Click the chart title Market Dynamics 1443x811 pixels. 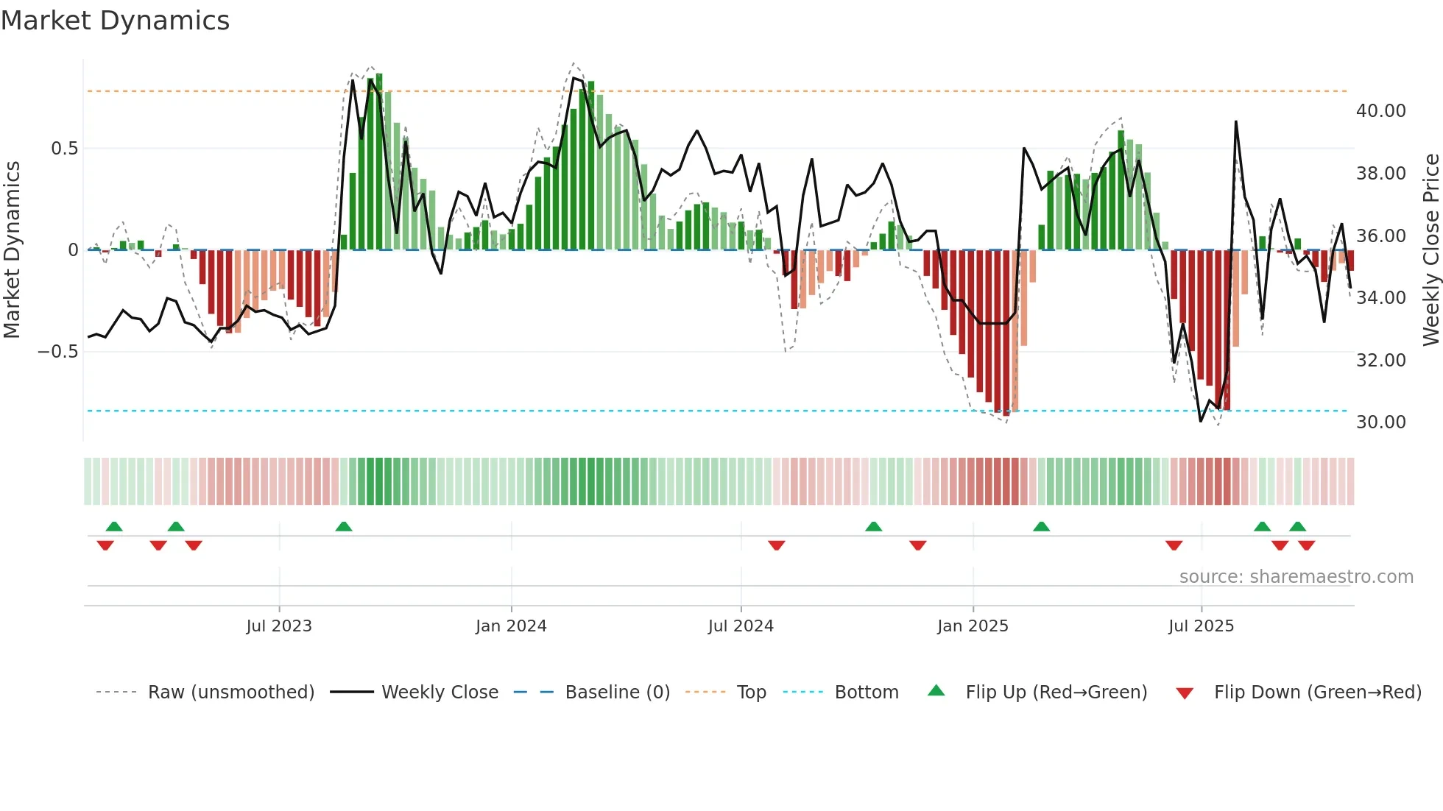115,21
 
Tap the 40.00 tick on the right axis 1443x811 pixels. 1380,111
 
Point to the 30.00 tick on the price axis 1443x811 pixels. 1380,422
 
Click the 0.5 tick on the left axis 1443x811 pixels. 64,149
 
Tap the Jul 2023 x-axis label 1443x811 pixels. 279,626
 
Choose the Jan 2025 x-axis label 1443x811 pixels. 973,626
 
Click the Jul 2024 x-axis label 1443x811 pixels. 741,626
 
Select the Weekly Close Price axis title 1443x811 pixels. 1430,250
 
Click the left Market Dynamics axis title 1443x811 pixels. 12,250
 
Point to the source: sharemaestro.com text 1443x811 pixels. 1296,577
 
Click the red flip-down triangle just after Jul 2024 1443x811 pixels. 776,545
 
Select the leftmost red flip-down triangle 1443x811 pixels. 105,545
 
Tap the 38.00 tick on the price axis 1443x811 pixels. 1380,174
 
